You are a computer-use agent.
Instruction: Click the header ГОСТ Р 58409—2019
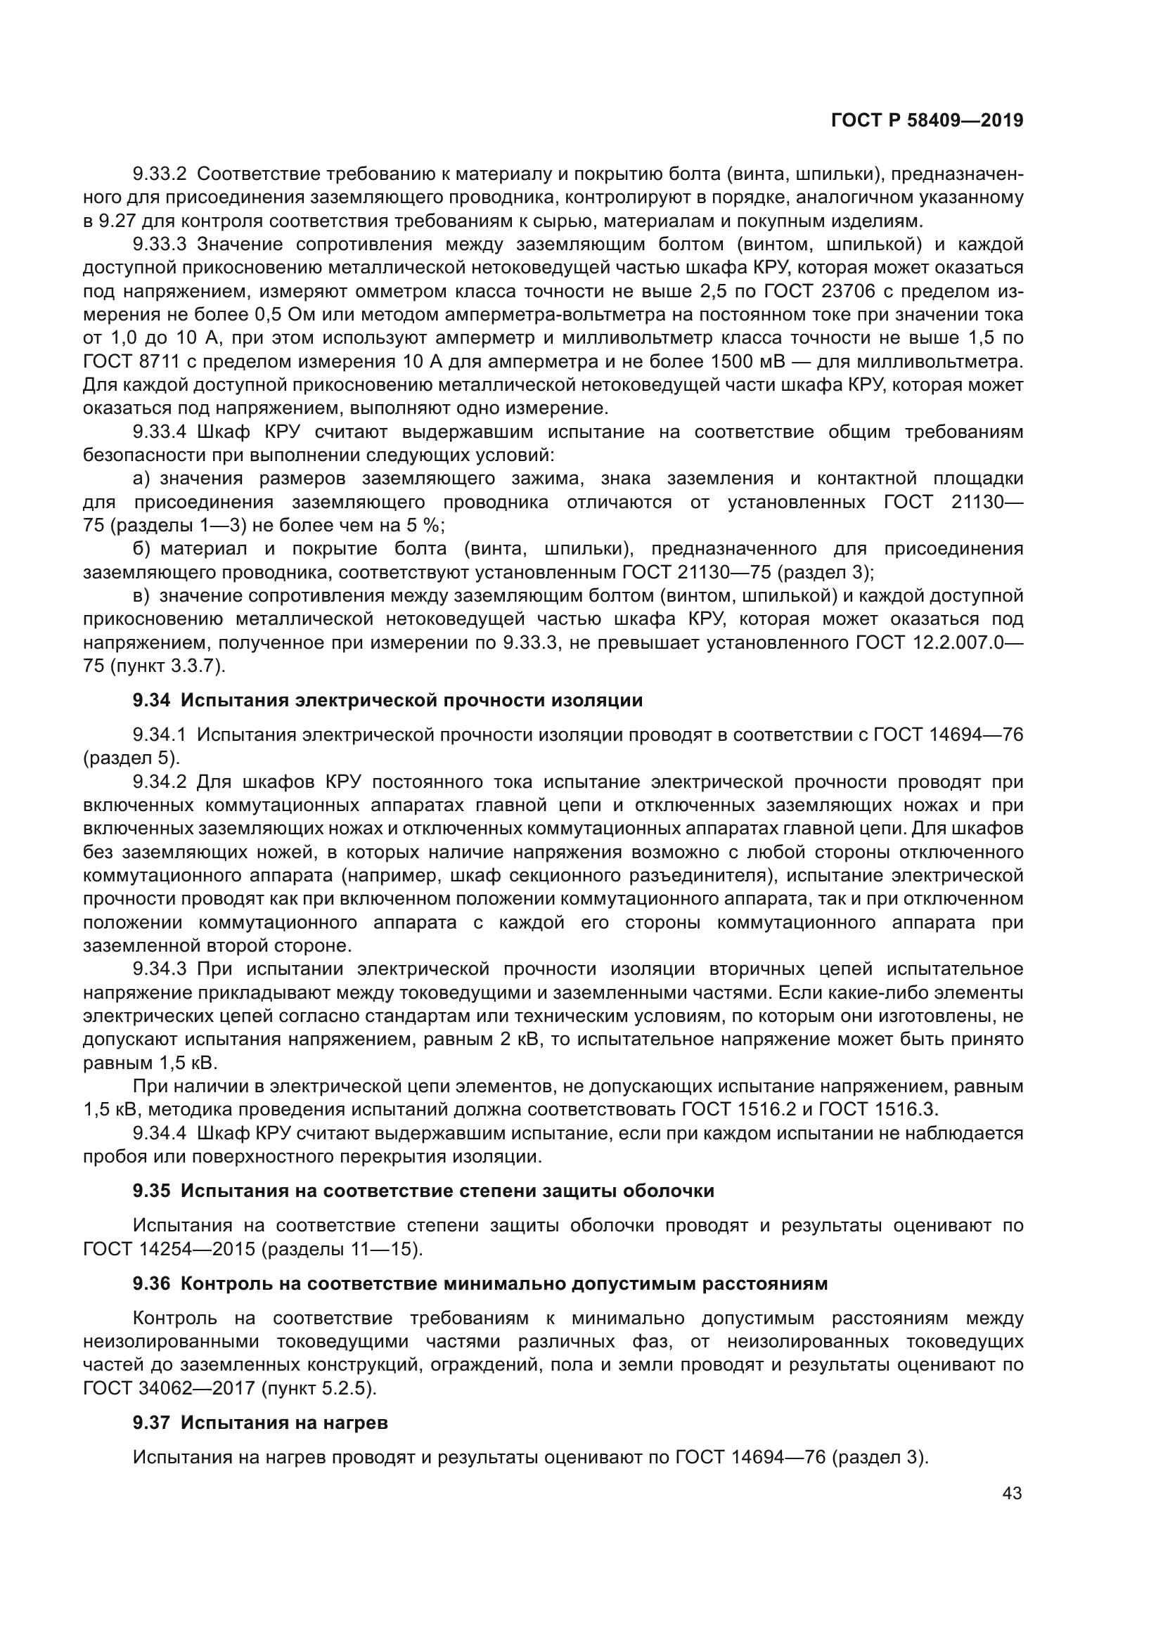[927, 120]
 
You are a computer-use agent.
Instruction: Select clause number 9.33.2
[159, 174]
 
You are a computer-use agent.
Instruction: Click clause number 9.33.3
[159, 244]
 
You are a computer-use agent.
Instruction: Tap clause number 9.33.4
[159, 432]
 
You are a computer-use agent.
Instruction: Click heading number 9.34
[151, 700]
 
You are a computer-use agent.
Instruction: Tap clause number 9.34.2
[159, 782]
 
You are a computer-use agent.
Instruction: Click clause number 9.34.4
[159, 1133]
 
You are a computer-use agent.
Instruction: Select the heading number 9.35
[151, 1191]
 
